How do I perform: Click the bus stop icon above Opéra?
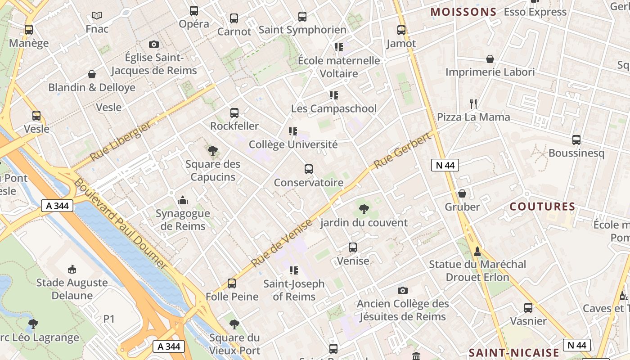pyautogui.click(x=194, y=11)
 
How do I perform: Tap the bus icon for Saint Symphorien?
pyautogui.click(x=302, y=17)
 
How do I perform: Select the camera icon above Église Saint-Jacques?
pyautogui.click(x=154, y=44)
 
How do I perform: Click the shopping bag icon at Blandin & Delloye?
pyautogui.click(x=92, y=74)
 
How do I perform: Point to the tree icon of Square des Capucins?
pyautogui.click(x=213, y=151)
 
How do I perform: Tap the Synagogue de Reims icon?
pyautogui.click(x=183, y=200)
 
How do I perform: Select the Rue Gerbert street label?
pyautogui.click(x=402, y=151)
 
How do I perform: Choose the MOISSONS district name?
pyautogui.click(x=463, y=12)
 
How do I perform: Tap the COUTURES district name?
pyautogui.click(x=542, y=207)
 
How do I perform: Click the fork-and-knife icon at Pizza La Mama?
pyautogui.click(x=473, y=104)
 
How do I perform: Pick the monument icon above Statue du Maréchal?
pyautogui.click(x=477, y=251)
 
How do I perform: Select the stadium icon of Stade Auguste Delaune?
pyautogui.click(x=72, y=269)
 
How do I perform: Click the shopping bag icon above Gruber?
pyautogui.click(x=462, y=194)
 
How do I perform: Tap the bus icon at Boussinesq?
pyautogui.click(x=576, y=140)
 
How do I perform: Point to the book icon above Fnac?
pyautogui.click(x=97, y=16)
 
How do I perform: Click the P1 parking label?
pyautogui.click(x=109, y=319)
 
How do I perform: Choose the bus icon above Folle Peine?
pyautogui.click(x=232, y=283)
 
